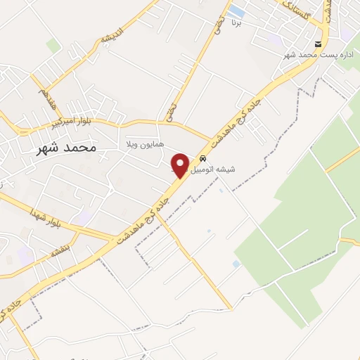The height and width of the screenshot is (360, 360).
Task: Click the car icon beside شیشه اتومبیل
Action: [203, 159]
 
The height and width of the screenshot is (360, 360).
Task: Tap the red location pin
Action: [180, 166]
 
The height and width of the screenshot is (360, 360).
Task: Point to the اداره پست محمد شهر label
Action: [319, 54]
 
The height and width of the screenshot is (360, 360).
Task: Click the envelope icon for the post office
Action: [319, 44]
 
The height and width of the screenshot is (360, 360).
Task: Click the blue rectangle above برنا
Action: [238, 12]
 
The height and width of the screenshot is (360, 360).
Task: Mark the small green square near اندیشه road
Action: [53, 46]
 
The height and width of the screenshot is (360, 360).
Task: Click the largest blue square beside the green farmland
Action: [236, 264]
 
